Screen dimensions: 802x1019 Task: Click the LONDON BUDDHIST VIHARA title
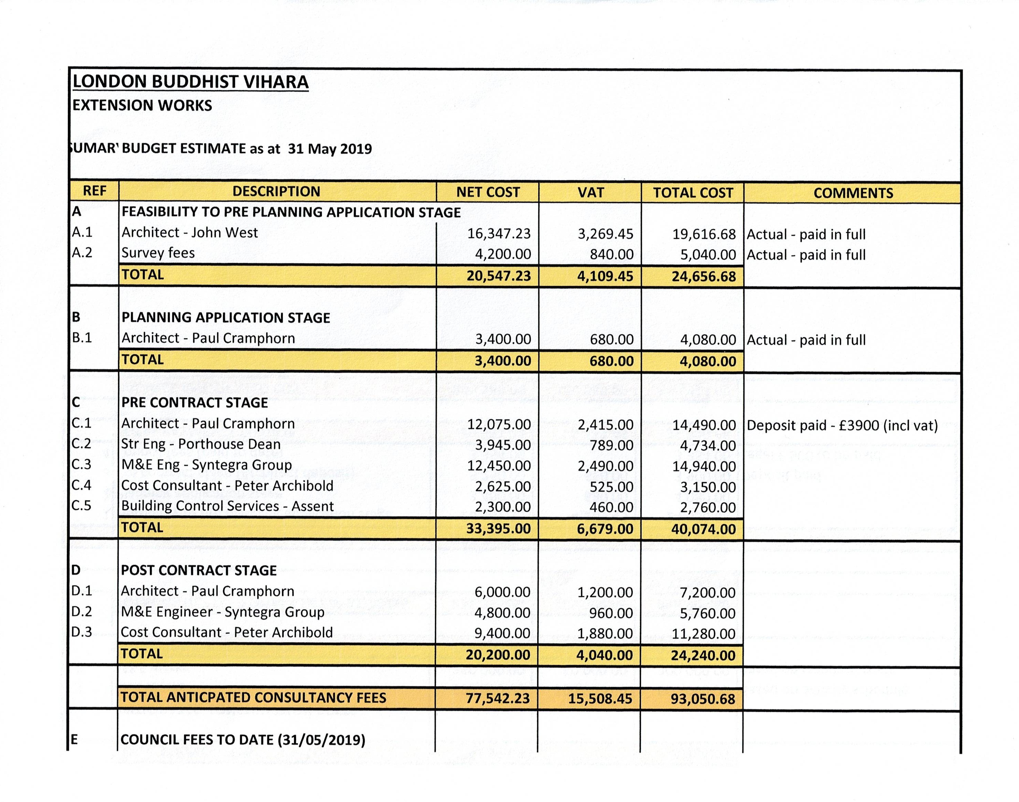(x=191, y=82)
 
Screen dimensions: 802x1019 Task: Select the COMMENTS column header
(x=853, y=193)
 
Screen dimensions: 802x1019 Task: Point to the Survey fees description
(x=158, y=253)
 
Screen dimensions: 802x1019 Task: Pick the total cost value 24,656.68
(x=703, y=276)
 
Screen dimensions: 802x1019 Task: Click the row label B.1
(x=82, y=338)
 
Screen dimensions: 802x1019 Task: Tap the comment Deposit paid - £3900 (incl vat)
(x=842, y=425)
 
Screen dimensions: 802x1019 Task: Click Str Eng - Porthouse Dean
(x=201, y=444)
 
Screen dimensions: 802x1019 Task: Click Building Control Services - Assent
(x=227, y=506)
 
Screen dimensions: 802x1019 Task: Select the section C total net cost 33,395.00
(x=498, y=529)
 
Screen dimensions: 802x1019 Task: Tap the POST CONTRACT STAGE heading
(x=199, y=570)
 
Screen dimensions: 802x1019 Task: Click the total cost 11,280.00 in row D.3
(x=703, y=634)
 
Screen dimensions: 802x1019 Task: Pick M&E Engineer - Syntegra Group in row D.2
(x=223, y=612)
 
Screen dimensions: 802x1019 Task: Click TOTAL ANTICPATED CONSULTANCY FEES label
(x=254, y=698)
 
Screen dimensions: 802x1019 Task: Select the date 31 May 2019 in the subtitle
(x=330, y=149)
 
